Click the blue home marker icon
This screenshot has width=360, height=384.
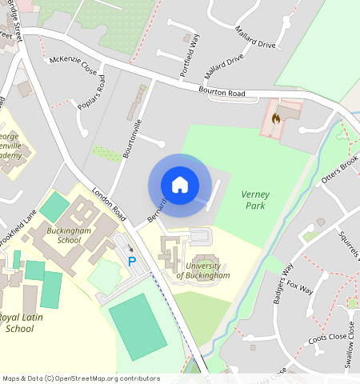[x=180, y=185]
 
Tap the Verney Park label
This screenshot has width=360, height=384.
[x=255, y=200]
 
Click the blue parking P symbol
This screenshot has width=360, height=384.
[x=133, y=262]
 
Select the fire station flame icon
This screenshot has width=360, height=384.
[x=276, y=118]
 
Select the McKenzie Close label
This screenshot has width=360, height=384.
[x=73, y=64]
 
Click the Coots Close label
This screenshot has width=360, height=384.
[x=327, y=339]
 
